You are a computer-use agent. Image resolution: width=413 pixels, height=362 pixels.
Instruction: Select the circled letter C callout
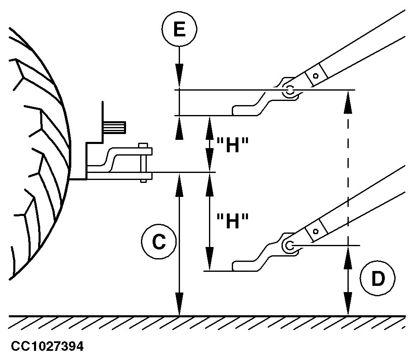pyautogui.click(x=159, y=243)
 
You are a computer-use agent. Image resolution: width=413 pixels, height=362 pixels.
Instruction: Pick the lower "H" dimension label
pyautogui.click(x=233, y=222)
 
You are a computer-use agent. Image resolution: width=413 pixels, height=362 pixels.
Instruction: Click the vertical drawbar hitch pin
pyautogui.click(x=143, y=163)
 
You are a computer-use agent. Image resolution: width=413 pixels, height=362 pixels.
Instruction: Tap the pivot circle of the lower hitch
pyautogui.click(x=289, y=245)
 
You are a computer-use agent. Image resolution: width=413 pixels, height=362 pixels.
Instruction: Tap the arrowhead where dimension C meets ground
pyautogui.click(x=179, y=306)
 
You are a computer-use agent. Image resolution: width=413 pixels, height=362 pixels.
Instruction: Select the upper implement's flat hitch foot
pyautogui.click(x=245, y=110)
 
